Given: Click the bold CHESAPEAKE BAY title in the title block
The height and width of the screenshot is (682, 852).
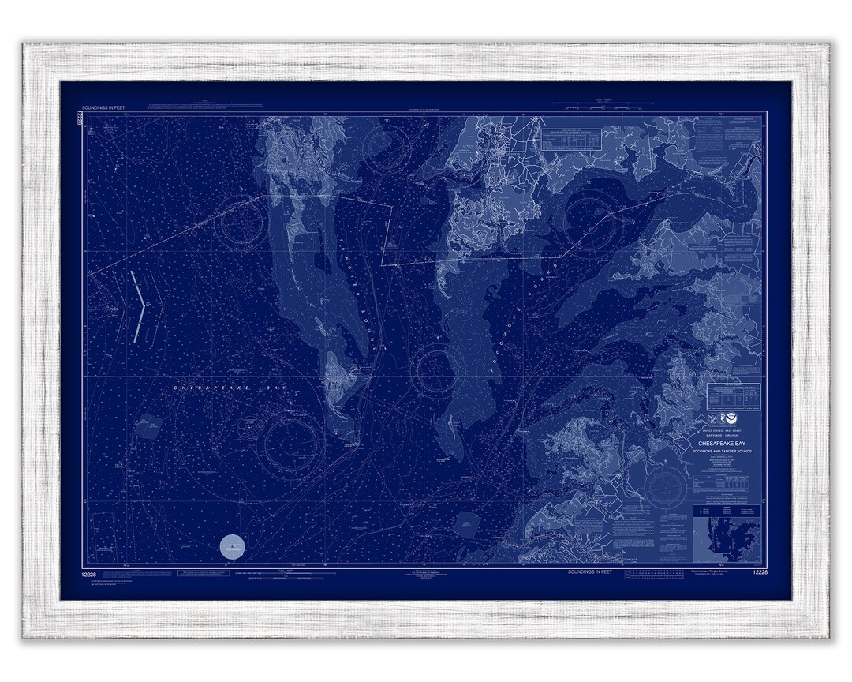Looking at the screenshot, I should pos(724,444).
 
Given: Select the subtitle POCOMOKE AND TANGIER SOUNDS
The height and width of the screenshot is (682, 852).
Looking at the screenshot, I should pos(724,452).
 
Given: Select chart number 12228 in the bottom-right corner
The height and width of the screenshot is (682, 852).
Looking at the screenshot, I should pos(760,572).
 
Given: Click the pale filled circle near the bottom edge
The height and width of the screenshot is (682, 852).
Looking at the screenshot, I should pos(233,545).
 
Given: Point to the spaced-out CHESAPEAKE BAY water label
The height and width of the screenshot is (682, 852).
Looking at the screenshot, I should pos(216,388).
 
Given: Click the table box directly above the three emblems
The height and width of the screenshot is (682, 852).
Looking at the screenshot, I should pos(734,393).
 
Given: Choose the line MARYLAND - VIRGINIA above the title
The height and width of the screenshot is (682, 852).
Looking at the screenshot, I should pos(724,437).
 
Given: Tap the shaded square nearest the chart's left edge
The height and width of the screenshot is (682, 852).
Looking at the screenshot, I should pos(145,425).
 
